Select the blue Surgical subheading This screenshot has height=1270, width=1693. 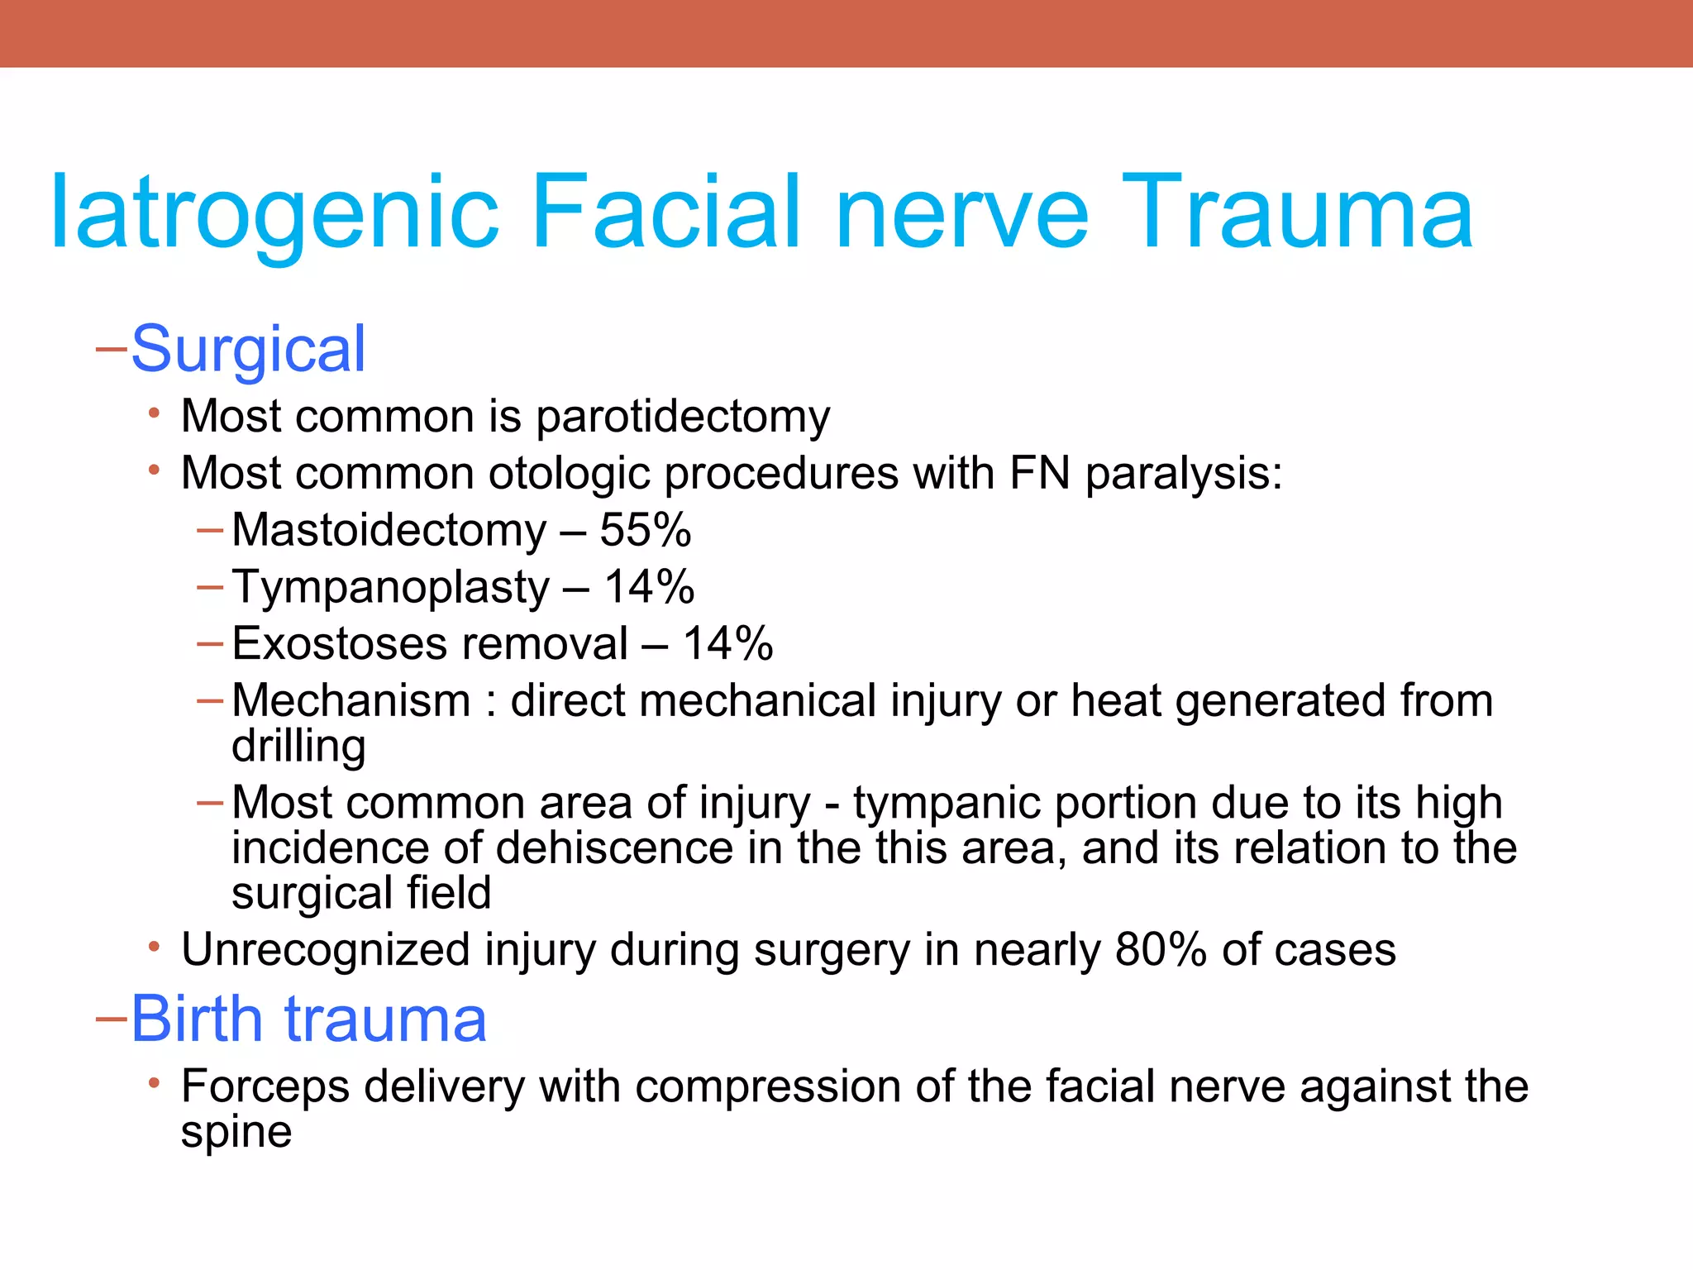click(248, 350)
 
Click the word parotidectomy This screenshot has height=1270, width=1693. click(683, 417)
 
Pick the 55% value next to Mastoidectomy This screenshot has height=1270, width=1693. click(645, 530)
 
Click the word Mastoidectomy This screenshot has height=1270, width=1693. click(389, 530)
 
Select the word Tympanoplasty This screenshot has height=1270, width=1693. click(390, 588)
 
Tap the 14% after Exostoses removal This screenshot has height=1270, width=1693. click(727, 644)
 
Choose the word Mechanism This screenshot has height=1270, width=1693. click(351, 701)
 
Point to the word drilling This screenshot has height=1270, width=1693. click(298, 747)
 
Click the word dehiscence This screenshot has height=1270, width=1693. click(614, 848)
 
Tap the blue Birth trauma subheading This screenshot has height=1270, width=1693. click(308, 1019)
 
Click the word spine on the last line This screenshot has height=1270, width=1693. click(236, 1132)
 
